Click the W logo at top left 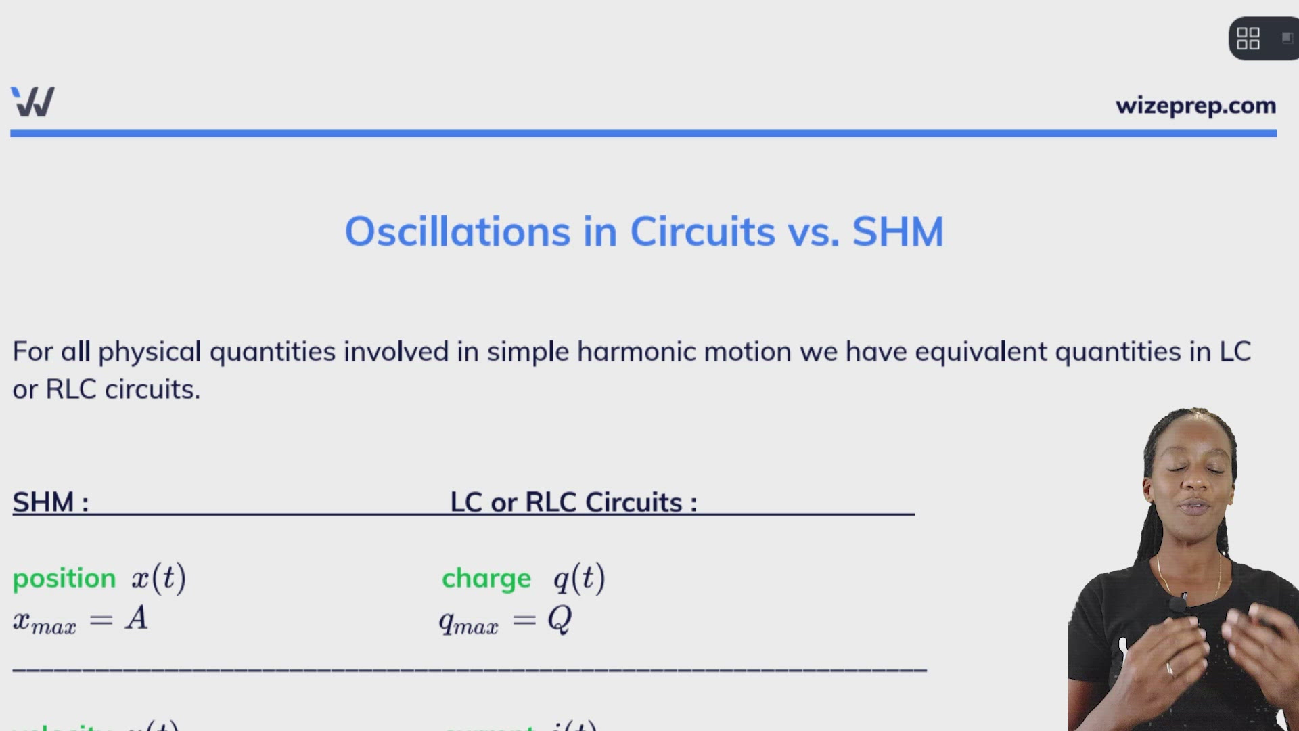32,102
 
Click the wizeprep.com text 1195,106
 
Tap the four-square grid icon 1248,39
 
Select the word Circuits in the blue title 702,232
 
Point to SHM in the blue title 898,232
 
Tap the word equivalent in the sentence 981,352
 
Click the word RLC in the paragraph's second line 71,390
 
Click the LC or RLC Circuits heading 573,502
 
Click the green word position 64,579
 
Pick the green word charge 486,579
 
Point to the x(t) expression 159,578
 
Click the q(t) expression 579,578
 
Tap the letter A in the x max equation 137,618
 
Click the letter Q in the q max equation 560,619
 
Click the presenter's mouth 1193,507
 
